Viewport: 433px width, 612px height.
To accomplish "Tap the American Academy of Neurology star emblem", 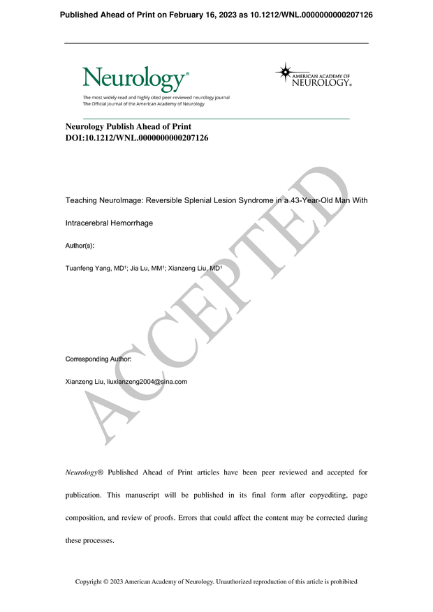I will point(284,72).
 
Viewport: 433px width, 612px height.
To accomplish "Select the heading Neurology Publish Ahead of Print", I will point(128,127).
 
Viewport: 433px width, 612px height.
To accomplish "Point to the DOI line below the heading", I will point(136,138).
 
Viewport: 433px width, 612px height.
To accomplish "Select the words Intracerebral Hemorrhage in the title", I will point(109,223).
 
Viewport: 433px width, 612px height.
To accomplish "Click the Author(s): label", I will point(80,246).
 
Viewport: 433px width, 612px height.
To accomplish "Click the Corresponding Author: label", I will point(98,359).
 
